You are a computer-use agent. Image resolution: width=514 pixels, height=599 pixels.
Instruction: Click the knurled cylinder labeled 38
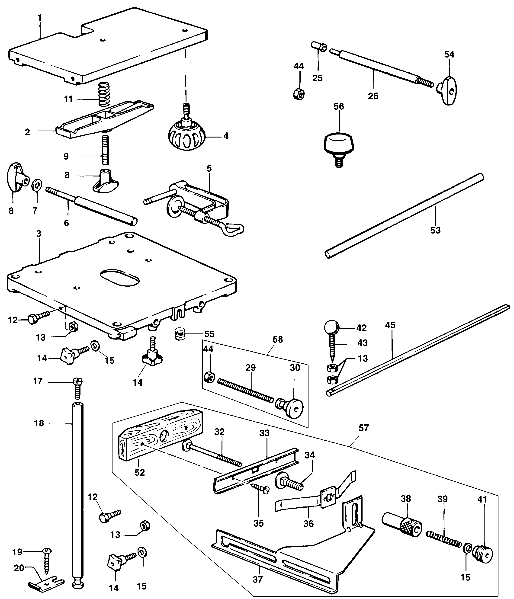click(x=402, y=524)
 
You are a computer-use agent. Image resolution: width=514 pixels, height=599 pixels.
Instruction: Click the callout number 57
click(x=364, y=428)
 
